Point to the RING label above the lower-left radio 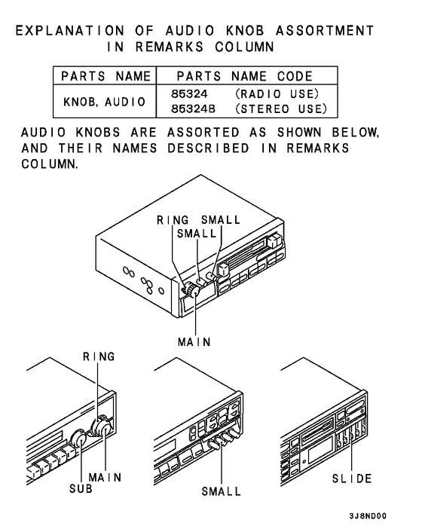tap(99, 356)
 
